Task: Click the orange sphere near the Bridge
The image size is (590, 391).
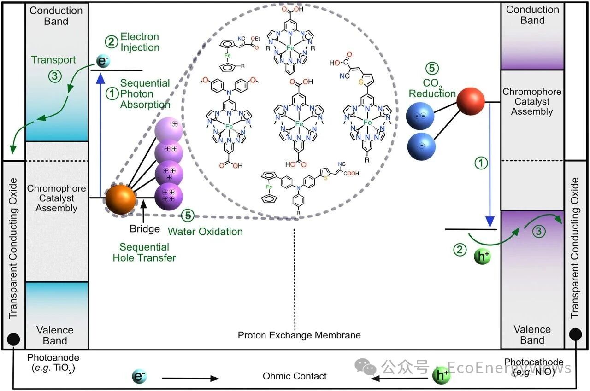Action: pyautogui.click(x=121, y=199)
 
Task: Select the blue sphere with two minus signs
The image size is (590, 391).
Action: pyautogui.click(x=420, y=116)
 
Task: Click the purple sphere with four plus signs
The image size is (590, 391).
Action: pyautogui.click(x=168, y=195)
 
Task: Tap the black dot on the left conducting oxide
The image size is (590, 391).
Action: pyautogui.click(x=13, y=340)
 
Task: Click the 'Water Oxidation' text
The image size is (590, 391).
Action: pyautogui.click(x=205, y=231)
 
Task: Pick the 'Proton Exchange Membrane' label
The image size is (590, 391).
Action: pyautogui.click(x=299, y=335)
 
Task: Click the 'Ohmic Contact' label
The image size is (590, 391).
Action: pyautogui.click(x=295, y=376)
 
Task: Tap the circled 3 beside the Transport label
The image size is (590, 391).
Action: pyautogui.click(x=55, y=76)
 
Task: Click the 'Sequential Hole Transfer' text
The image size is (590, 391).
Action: pyautogui.click(x=144, y=252)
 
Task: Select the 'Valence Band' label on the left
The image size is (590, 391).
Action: pyautogui.click(x=55, y=335)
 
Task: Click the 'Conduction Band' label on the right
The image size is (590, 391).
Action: pyautogui.click(x=532, y=15)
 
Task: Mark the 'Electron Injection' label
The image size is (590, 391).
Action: pyautogui.click(x=140, y=42)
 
